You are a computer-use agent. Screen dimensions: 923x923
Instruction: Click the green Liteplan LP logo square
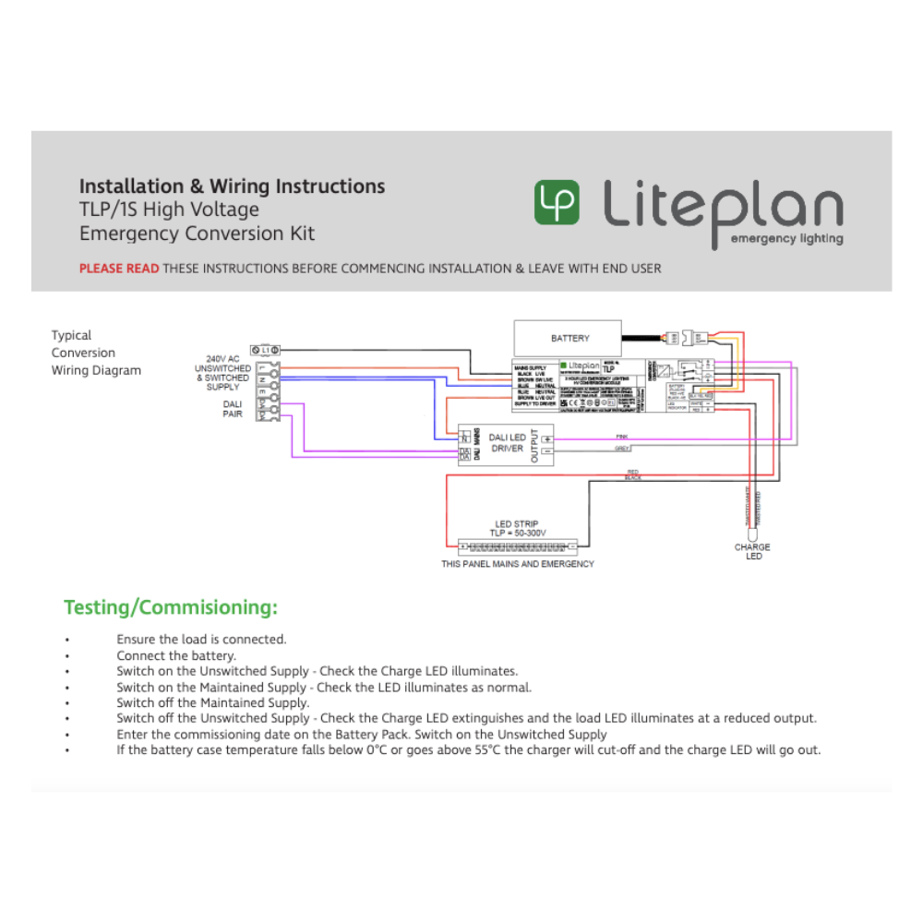coord(557,202)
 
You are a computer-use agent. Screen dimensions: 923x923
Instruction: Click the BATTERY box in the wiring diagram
coord(569,338)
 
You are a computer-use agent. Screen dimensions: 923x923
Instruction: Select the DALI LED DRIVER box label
coord(507,443)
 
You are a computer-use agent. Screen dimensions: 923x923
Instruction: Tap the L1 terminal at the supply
coord(267,351)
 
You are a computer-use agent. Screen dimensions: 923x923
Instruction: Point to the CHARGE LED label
coord(752,552)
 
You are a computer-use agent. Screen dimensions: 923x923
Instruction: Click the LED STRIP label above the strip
coord(516,525)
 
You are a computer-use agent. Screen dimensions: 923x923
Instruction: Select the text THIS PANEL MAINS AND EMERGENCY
coord(517,564)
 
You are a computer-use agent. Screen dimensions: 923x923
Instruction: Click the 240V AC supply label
coord(222,358)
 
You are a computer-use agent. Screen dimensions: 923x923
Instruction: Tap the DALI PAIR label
coord(233,409)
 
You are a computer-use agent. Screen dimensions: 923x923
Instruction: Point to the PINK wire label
coord(621,436)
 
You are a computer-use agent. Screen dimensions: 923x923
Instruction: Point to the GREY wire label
coord(621,449)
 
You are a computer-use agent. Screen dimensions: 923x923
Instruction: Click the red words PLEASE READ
coord(119,269)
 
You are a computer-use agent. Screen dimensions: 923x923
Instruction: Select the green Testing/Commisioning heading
coord(171,607)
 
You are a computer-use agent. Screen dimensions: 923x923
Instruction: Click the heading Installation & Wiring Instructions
coord(232,186)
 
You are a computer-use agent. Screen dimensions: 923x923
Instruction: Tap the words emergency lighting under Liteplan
coord(786,239)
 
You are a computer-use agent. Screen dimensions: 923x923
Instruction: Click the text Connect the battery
coord(176,655)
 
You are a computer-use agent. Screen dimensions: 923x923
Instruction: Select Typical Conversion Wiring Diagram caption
coord(96,353)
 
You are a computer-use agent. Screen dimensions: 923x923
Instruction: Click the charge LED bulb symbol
coord(752,533)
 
